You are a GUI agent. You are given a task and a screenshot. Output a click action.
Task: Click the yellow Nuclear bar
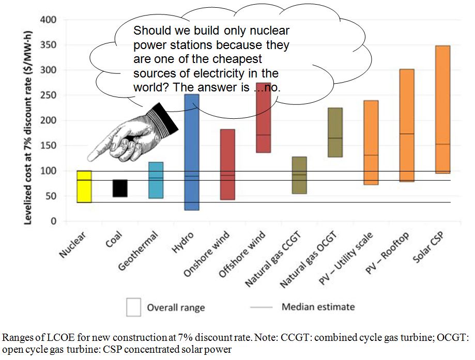pos(84,186)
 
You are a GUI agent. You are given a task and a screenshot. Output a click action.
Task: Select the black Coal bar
pos(120,188)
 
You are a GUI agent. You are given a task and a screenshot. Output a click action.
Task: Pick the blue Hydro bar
pos(191,155)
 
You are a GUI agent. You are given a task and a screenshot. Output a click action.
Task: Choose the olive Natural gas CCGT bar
pos(299,175)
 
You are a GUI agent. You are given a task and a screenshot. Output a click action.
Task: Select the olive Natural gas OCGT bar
pos(335,132)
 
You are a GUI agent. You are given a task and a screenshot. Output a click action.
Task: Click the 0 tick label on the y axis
pos(53,222)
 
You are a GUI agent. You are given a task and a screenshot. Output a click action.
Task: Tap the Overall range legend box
pos(134,307)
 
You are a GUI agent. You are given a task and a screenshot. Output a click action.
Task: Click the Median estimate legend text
pos(318,307)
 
